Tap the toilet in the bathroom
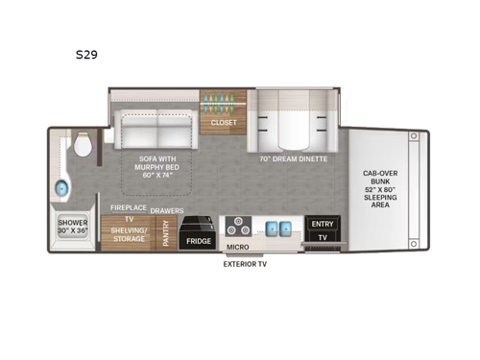tap(83, 147)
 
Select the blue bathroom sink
tap(64, 186)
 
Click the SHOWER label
tap(72, 223)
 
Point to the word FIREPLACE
tap(127, 207)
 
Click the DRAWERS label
tap(167, 207)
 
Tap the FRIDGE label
tap(199, 241)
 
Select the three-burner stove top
tap(239, 229)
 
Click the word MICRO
tap(238, 247)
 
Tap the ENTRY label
tap(320, 223)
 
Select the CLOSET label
tap(224, 123)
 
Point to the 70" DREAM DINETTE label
tap(293, 158)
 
